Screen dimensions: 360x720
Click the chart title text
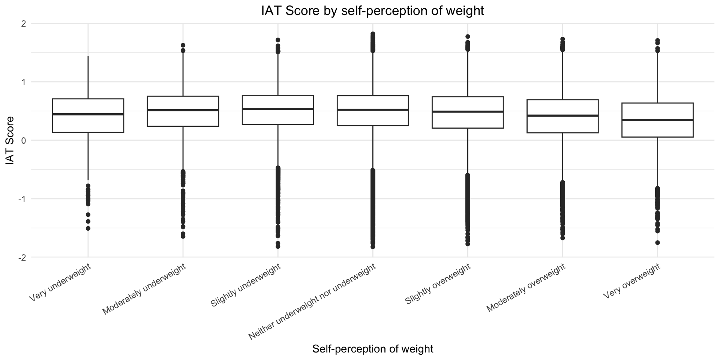372,10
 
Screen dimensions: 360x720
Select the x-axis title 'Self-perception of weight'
372,349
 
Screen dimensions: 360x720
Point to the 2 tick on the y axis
23,24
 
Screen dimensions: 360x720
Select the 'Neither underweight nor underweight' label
312,302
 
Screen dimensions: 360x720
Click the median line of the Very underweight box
88,114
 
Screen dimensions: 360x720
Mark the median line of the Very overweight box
657,120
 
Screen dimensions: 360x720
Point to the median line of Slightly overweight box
468,112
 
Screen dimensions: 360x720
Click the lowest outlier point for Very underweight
88,228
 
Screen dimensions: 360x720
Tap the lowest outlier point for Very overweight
657,243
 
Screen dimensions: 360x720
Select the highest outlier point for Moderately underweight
183,45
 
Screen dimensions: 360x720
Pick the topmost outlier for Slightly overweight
468,37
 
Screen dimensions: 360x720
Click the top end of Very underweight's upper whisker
88,56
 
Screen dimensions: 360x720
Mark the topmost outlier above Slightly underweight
278,40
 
